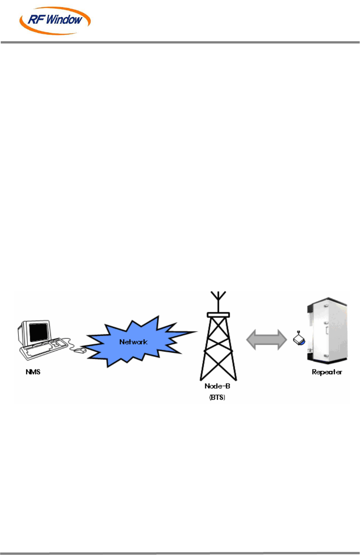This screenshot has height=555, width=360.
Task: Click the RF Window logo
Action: (55, 20)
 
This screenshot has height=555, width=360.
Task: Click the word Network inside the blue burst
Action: (133, 342)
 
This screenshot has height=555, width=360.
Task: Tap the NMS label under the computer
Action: (33, 372)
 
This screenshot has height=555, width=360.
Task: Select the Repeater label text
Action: (327, 372)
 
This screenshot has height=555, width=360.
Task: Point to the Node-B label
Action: (217, 386)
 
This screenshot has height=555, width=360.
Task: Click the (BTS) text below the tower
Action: (217, 397)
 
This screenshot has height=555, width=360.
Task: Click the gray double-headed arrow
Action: (266, 340)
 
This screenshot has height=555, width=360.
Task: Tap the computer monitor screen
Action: (38, 332)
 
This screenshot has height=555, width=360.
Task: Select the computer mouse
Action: (80, 350)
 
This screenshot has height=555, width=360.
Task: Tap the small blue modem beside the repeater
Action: (299, 340)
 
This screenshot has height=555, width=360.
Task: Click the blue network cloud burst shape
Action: (113, 344)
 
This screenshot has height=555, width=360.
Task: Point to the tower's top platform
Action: (218, 315)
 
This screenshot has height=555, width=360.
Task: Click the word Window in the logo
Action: (64, 20)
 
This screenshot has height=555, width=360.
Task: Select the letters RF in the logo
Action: (36, 20)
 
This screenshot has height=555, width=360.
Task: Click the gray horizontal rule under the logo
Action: (180, 42)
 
